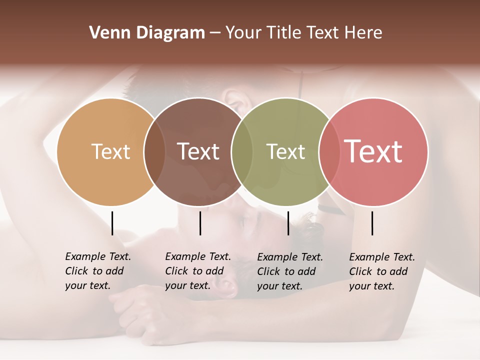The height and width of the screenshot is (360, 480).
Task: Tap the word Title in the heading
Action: (x=283, y=33)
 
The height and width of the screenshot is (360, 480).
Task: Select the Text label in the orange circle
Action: (x=110, y=151)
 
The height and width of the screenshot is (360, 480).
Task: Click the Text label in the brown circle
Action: (x=198, y=151)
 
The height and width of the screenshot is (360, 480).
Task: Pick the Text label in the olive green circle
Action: (x=285, y=151)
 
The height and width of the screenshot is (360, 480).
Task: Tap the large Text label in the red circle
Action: (x=373, y=151)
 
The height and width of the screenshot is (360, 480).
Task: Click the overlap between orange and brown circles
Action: (x=154, y=151)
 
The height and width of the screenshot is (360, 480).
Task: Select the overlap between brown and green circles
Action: (x=242, y=151)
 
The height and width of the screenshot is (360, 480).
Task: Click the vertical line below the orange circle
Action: (x=112, y=223)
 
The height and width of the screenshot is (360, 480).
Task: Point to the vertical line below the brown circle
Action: (x=200, y=223)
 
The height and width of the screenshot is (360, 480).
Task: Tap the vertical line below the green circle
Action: (x=288, y=223)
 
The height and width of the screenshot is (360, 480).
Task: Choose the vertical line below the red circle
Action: (x=372, y=223)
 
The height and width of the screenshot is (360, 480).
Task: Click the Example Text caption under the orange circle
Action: (x=98, y=271)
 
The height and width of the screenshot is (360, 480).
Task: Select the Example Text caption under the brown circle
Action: (x=198, y=271)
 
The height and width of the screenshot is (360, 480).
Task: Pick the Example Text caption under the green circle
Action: (x=290, y=271)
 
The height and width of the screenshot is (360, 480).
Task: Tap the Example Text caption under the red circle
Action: (x=382, y=271)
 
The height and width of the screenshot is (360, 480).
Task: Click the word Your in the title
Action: (x=242, y=33)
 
